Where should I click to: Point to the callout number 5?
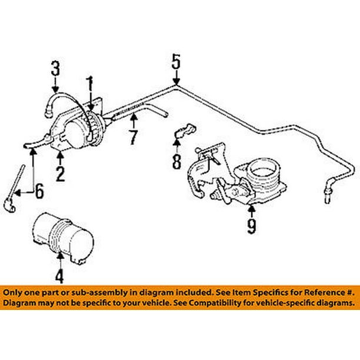click(176, 60)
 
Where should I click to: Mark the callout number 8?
click(177, 161)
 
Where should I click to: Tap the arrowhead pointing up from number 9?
click(252, 208)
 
